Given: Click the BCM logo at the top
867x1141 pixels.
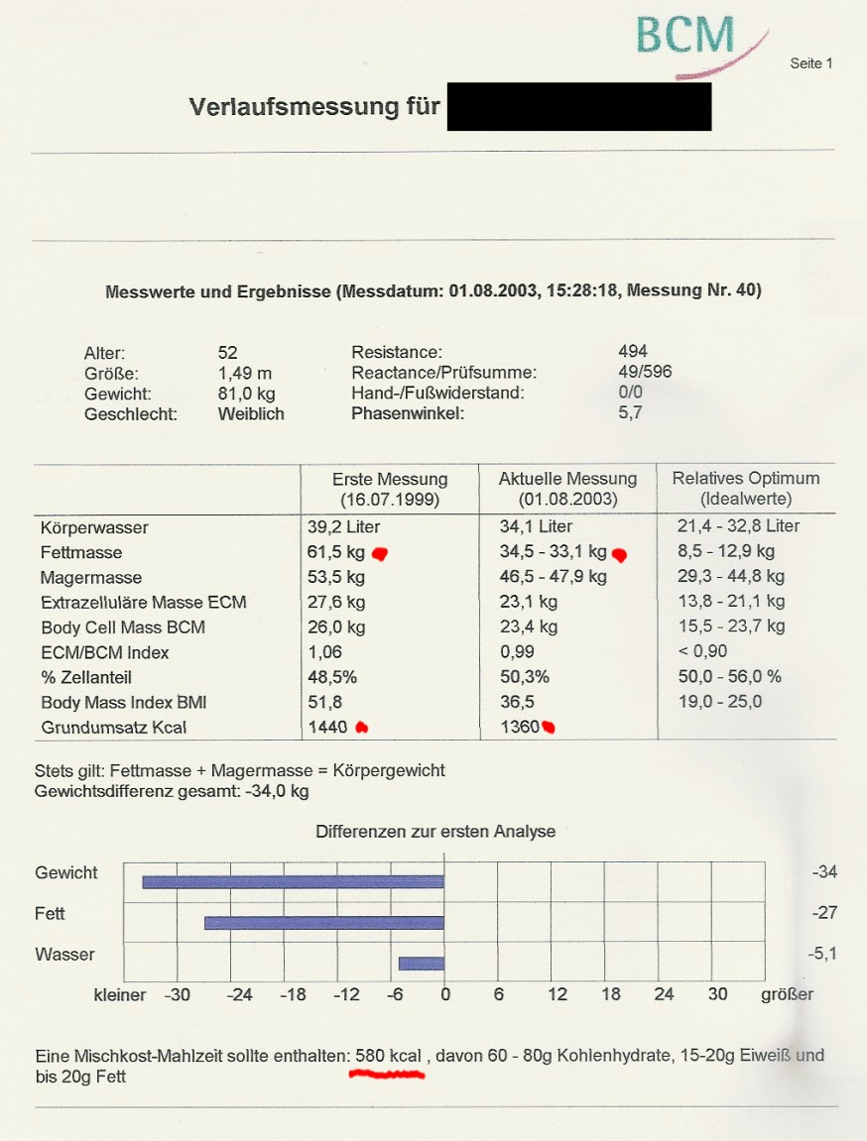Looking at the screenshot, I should pos(685,36).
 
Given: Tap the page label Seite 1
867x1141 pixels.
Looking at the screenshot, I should pos(810,63).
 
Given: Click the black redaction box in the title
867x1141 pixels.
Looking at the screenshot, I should pos(579,106).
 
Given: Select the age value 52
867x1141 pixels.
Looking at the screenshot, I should pos(228,352).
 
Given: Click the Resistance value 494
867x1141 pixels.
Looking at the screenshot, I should pos(632,351).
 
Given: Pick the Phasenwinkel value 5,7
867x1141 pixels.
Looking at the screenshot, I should pos(630,413).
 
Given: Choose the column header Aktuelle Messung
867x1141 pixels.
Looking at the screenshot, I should pos(567,479).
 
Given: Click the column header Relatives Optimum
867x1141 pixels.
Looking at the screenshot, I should pos(746,478).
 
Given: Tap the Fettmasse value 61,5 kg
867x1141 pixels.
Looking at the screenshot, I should pos(336,552).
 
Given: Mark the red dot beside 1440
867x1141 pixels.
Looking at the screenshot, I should pos(362,728).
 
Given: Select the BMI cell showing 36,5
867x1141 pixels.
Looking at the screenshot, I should pos(517,702).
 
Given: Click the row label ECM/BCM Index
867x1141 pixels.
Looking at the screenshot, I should pos(105,652).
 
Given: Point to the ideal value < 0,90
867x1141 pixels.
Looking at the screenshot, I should pos(703,651).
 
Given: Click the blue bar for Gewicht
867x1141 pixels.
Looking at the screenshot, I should pos(293,881).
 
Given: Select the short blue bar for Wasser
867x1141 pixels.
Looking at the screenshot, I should pos(421,963).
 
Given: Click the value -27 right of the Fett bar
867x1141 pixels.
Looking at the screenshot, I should pos(824,913).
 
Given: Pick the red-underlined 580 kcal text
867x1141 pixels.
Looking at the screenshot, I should pos(388,1057).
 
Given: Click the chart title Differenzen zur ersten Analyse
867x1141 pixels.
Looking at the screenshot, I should pos(435,832).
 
